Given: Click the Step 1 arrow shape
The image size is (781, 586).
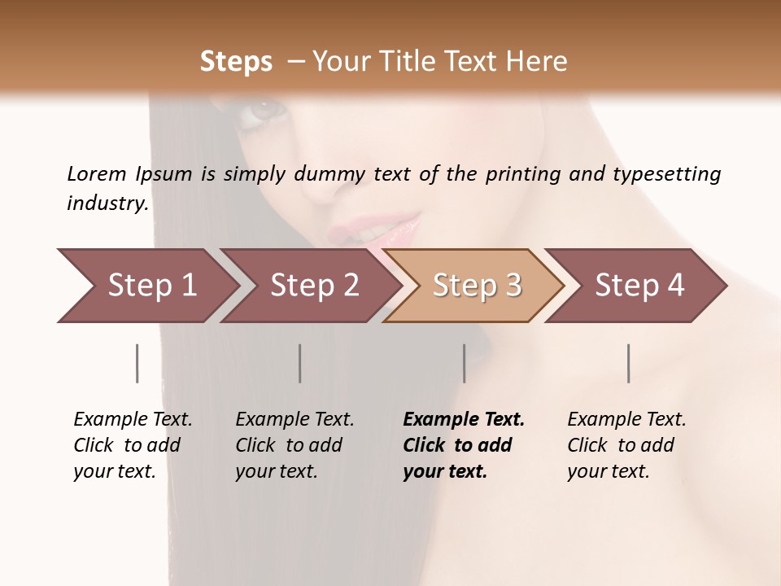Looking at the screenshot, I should point(146,286).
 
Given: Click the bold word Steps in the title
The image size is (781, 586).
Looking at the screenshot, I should point(236,62).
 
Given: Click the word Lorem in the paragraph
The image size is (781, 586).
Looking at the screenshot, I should point(96,173).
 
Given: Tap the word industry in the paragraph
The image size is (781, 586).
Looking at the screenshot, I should point(107,203).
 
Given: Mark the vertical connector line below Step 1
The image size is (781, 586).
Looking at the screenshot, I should point(137,363).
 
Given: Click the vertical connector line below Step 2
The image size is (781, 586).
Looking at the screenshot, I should point(300,363).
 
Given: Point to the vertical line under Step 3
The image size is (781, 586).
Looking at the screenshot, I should point(464,363).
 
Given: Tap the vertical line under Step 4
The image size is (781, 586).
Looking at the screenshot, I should point(628,363).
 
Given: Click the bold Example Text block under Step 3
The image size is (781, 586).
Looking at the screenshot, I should point(464,445).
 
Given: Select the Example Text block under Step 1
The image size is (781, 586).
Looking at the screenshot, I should point(133,445).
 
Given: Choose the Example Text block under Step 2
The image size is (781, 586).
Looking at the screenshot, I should point(295,445).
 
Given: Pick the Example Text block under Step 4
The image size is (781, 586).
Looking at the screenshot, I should point(626,445).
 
